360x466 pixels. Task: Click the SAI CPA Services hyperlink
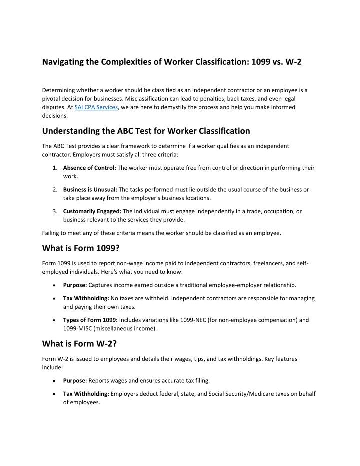click(96, 107)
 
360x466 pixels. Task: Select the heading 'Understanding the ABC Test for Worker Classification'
click(146, 131)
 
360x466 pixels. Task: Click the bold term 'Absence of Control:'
click(89, 168)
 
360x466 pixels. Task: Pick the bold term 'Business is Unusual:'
click(90, 190)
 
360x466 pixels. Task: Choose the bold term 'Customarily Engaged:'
click(92, 212)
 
